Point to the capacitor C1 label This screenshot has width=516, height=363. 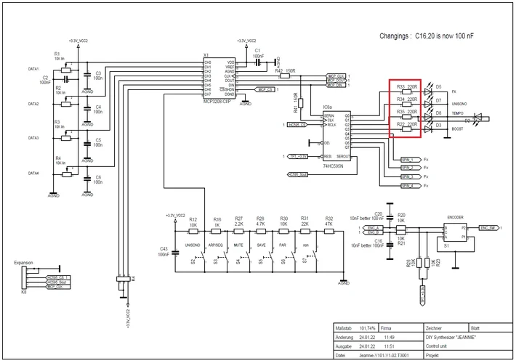tap(257, 50)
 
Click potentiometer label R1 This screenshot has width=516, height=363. tap(57, 54)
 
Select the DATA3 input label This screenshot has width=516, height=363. tap(33, 137)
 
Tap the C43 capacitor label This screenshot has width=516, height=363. tap(163, 249)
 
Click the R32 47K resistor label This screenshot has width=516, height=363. tap(329, 219)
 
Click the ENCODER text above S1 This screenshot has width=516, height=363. tap(456, 216)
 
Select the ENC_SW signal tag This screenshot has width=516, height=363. tap(488, 227)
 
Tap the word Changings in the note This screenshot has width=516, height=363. tap(395, 35)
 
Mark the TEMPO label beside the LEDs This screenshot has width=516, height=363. tap(458, 114)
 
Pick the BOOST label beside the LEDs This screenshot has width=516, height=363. tap(458, 129)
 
